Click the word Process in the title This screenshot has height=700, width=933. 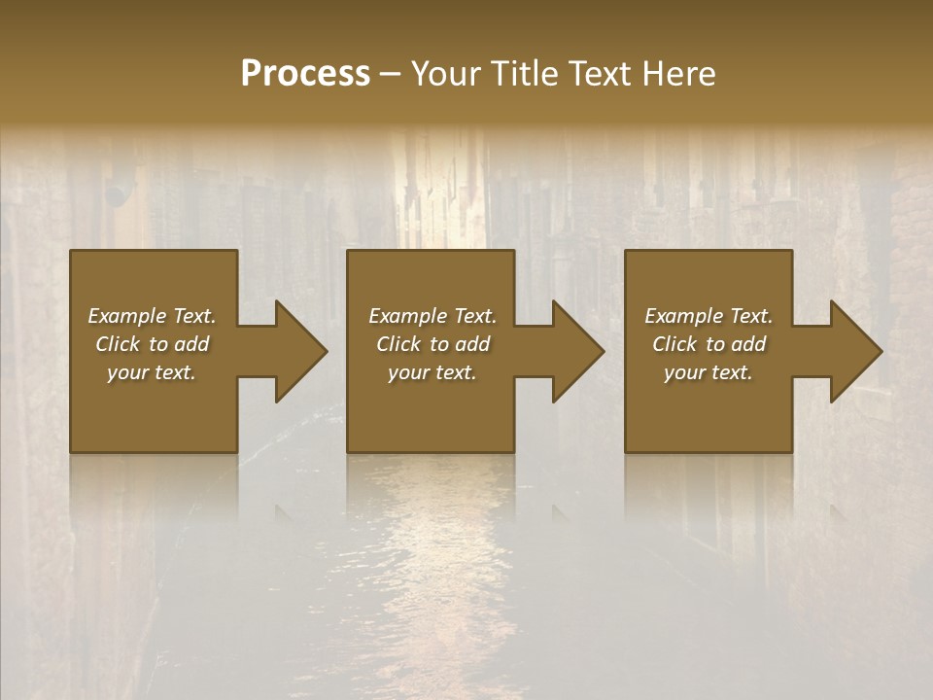[x=305, y=74]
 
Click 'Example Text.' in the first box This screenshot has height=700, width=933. [x=152, y=316]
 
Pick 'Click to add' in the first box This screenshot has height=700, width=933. [x=152, y=344]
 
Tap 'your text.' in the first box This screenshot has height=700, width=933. [x=152, y=372]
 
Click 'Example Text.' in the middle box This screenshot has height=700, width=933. [x=432, y=316]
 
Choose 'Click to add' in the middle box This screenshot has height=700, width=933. [x=432, y=344]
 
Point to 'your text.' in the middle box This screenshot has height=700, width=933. [x=432, y=372]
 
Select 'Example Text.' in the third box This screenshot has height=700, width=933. [x=708, y=316]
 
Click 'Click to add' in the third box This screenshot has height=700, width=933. [x=708, y=344]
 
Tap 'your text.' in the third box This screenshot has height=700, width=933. [x=708, y=372]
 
